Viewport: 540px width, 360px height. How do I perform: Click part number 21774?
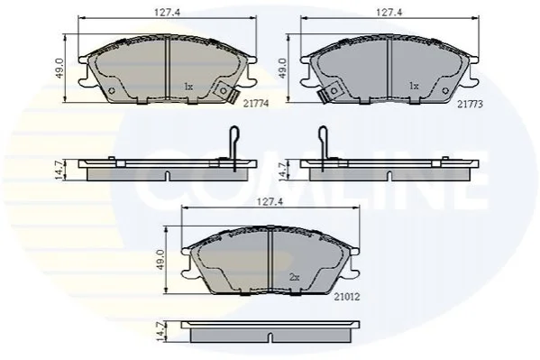tap(256, 104)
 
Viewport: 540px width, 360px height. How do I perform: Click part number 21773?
tap(470, 104)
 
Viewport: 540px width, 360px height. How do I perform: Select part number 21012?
tap(347, 297)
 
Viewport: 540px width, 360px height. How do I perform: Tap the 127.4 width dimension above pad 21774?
tap(168, 13)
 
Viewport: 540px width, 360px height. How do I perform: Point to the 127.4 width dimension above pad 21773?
tap(389, 13)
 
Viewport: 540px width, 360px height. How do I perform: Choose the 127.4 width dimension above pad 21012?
tap(270, 202)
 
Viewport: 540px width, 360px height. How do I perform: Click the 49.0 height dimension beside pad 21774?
tap(59, 69)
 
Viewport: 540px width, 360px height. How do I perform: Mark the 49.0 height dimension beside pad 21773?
tap(282, 69)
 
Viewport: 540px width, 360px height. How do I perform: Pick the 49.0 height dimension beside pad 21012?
tap(162, 261)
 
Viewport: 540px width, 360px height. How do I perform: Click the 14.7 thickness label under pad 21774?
tap(59, 171)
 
